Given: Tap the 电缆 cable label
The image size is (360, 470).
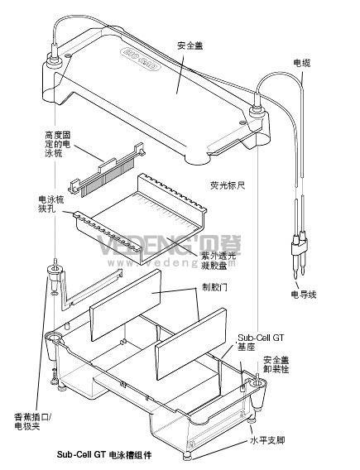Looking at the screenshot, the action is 302,63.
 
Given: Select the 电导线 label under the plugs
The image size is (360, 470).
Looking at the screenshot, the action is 304,295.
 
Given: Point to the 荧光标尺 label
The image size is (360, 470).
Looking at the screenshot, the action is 228,185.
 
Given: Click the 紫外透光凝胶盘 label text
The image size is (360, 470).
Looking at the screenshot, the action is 218,260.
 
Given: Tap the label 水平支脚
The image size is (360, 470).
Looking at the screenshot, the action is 267,440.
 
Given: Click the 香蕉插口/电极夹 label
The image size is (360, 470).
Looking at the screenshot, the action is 33,421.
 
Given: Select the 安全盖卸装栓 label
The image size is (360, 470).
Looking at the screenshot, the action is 276,364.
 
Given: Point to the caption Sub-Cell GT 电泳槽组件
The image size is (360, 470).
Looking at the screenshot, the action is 104,454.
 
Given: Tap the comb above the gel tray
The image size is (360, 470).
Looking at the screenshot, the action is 108,170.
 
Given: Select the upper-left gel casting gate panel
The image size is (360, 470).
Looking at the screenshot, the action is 125,305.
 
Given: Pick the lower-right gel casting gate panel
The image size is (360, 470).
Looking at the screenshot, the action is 190,344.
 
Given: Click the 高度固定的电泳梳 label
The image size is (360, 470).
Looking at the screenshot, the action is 58,144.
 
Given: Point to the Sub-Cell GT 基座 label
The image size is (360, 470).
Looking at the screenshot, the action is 261,342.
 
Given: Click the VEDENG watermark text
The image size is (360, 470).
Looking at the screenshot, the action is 170,246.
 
